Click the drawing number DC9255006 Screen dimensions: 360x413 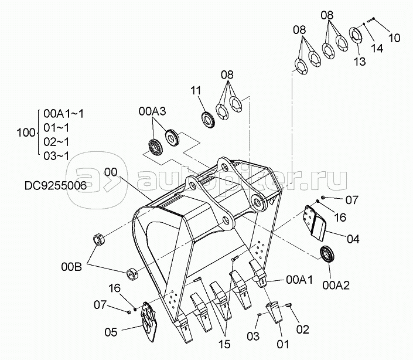click(x=56, y=186)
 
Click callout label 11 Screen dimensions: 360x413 click(x=196, y=90)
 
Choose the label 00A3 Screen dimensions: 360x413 click(x=152, y=110)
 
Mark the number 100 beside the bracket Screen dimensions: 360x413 click(x=26, y=134)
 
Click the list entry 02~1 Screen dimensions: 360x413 click(x=56, y=141)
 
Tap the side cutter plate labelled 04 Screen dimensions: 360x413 click(x=315, y=222)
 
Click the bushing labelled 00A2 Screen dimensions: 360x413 click(x=325, y=256)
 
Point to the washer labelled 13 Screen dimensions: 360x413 click(x=356, y=35)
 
